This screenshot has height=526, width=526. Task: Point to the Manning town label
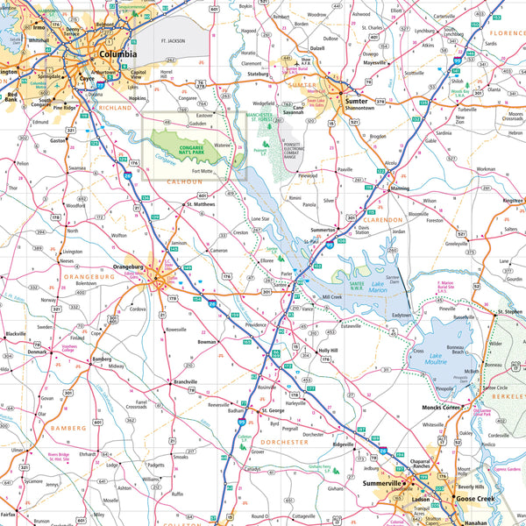[x=399, y=188]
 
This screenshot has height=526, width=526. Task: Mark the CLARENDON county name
[x=380, y=219]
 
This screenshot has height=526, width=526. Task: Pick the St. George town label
[x=274, y=410]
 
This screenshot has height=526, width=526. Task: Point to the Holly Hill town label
[x=328, y=350]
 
